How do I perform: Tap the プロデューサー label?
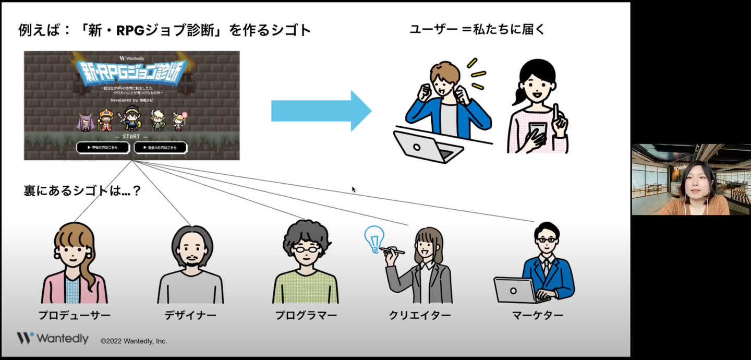(74, 316)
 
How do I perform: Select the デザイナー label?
(190, 316)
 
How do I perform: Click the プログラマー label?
(306, 316)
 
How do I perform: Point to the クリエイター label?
(420, 316)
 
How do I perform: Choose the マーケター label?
(538, 316)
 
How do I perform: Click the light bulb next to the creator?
(374, 239)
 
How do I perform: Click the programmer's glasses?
(306, 248)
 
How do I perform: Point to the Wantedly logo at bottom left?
(53, 339)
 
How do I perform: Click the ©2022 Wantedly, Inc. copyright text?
(134, 341)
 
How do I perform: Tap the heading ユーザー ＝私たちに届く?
(477, 30)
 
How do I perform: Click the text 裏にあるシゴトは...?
(82, 191)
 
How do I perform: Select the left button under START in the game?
(103, 148)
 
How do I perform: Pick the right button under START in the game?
(160, 148)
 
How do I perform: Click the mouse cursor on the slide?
(354, 189)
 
